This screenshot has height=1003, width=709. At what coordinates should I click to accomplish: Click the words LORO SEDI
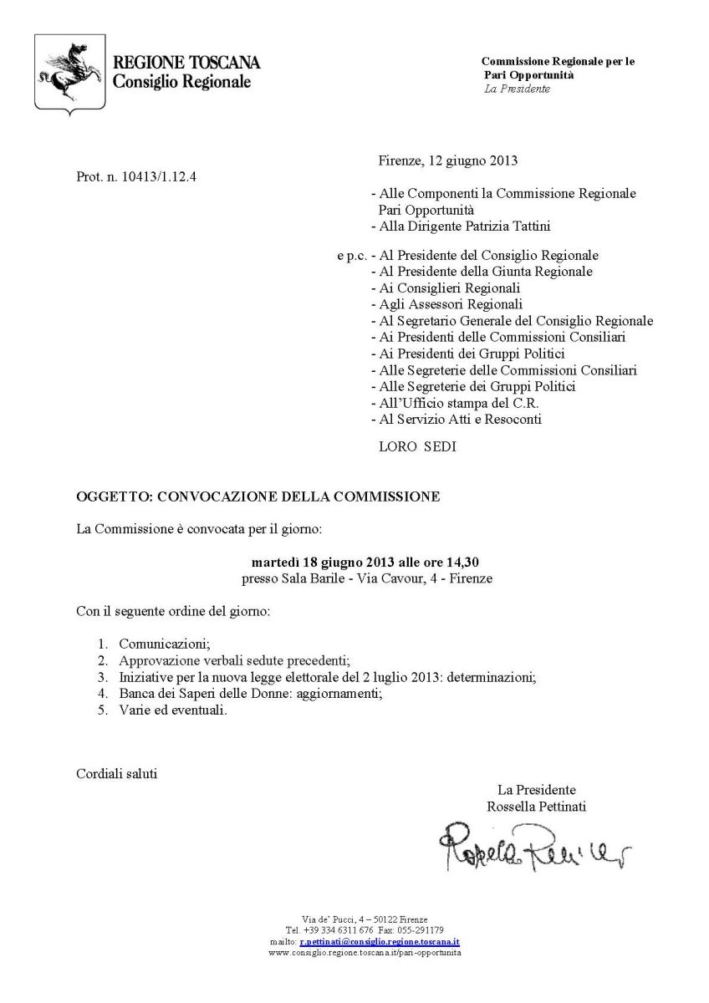(417, 446)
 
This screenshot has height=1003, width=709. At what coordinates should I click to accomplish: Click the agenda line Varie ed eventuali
(173, 710)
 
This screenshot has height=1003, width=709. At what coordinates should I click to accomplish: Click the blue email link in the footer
(380, 940)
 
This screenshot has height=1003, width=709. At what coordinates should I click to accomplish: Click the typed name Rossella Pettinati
(536, 807)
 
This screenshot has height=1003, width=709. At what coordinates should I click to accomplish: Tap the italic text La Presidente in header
(518, 89)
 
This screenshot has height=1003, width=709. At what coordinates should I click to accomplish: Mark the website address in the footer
(365, 952)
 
